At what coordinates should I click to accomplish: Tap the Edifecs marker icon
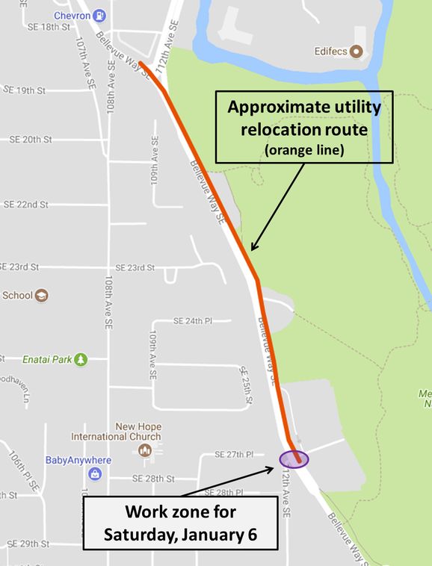(357, 52)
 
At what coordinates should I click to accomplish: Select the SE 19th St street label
(25, 90)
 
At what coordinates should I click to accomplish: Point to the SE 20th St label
(31, 140)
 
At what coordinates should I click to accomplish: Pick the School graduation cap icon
(42, 295)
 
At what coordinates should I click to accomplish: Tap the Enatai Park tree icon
(80, 360)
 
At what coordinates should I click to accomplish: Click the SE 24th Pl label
(193, 321)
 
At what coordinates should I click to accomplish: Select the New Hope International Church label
(116, 431)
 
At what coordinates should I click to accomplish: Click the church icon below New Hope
(145, 450)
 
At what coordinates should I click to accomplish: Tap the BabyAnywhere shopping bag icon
(95, 473)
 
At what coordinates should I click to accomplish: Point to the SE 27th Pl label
(235, 454)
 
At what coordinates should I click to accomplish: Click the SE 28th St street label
(153, 479)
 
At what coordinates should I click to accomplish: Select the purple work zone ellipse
(294, 458)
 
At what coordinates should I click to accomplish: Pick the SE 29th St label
(25, 544)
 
